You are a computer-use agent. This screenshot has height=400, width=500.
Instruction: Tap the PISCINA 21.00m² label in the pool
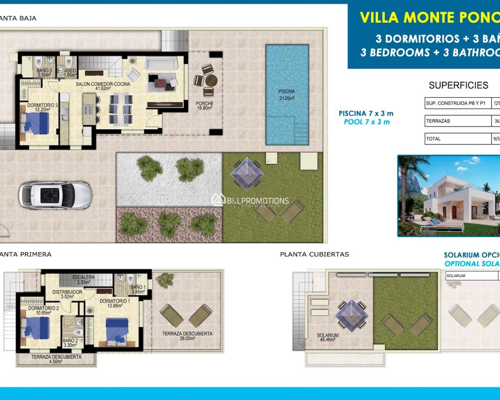tap(286, 95)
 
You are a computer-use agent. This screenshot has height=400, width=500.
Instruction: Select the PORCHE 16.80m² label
tap(205, 106)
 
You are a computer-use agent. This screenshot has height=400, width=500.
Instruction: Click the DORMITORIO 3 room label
tap(42, 107)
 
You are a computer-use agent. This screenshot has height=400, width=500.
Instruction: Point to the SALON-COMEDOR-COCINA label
tap(103, 86)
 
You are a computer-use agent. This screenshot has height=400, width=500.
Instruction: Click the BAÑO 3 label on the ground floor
tap(44, 73)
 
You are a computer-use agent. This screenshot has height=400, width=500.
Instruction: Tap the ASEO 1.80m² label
tap(70, 73)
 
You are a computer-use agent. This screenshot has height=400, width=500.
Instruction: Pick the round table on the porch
tap(211, 81)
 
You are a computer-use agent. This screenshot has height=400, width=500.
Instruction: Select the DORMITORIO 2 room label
tap(43, 311)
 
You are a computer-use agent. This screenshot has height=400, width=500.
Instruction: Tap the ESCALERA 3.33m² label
tap(84, 280)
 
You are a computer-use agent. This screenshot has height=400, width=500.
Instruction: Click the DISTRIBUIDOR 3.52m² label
tap(67, 294)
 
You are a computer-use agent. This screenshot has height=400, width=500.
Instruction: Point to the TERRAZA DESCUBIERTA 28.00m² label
tap(187, 336)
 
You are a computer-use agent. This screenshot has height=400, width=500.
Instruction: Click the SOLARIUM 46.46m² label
tap(327, 337)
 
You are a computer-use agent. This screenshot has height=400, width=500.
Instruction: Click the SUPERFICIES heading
tap(458, 85)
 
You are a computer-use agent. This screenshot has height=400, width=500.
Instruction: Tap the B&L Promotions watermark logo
tap(250, 201)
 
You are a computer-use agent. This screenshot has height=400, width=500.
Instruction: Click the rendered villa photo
tap(448, 196)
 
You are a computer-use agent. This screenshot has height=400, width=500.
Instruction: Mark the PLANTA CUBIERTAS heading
tap(314, 254)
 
